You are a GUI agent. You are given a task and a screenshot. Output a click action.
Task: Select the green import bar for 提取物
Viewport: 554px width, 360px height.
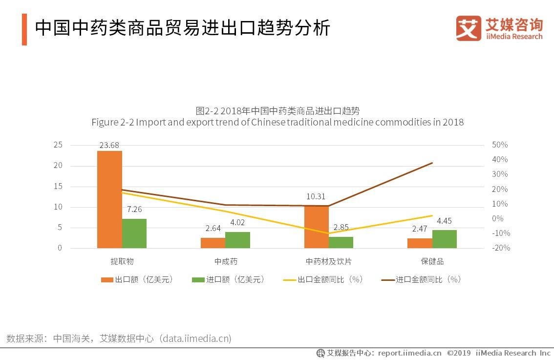click(x=134, y=233)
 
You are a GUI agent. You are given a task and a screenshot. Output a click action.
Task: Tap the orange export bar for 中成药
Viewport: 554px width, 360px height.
click(x=213, y=243)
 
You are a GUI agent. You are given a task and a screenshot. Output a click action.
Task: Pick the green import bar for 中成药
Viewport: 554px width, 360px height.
click(x=237, y=240)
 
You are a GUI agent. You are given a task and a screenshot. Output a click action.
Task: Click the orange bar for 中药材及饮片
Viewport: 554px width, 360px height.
click(x=316, y=227)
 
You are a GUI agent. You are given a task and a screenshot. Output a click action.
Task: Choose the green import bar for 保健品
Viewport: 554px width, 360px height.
click(x=445, y=239)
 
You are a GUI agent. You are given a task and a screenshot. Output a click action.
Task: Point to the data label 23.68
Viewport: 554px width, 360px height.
click(x=109, y=145)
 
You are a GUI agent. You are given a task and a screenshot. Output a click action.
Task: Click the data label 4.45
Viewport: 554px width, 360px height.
click(x=444, y=221)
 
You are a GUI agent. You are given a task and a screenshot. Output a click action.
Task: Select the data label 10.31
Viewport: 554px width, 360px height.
click(x=316, y=196)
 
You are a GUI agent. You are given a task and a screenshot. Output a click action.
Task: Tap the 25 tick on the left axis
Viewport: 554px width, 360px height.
click(x=58, y=145)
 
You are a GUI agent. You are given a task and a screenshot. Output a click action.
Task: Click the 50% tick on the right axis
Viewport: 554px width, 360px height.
click(x=500, y=145)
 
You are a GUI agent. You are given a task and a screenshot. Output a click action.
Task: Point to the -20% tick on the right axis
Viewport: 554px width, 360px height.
click(x=500, y=248)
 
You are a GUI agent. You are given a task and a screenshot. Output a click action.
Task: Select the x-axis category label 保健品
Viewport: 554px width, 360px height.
click(x=432, y=261)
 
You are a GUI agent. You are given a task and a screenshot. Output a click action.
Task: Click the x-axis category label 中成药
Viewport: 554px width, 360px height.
click(x=226, y=261)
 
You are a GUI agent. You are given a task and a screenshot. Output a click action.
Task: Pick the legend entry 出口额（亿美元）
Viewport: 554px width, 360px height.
click(x=137, y=279)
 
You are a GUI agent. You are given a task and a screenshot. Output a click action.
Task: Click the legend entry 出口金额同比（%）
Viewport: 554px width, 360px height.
click(x=323, y=279)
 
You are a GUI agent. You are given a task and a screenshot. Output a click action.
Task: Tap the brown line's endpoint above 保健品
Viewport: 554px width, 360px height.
click(x=432, y=163)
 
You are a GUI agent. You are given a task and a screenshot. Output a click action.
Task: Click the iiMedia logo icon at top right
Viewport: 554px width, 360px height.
click(x=469, y=28)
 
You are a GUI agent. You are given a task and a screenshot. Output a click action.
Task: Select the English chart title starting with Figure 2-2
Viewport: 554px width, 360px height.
click(x=277, y=122)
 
